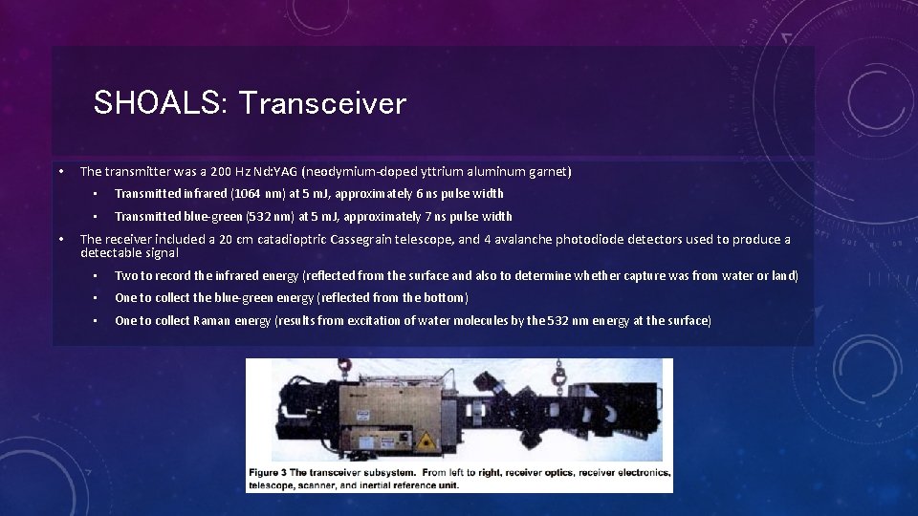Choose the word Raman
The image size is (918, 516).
(211, 321)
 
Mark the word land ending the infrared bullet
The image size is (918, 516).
(784, 276)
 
